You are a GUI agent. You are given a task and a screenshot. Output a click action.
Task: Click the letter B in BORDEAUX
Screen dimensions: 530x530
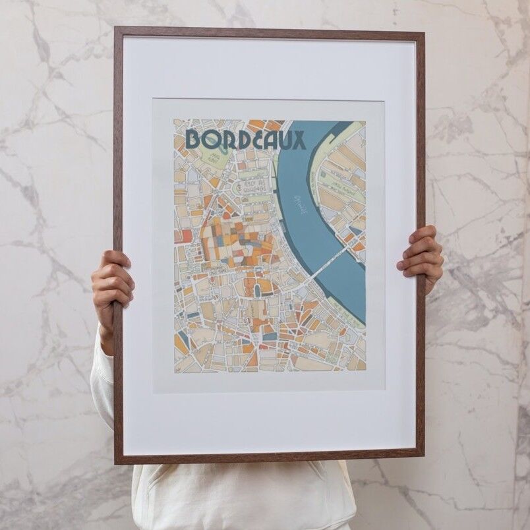click(x=194, y=139)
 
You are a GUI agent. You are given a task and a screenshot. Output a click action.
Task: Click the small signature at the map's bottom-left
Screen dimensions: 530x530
click(x=177, y=368)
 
